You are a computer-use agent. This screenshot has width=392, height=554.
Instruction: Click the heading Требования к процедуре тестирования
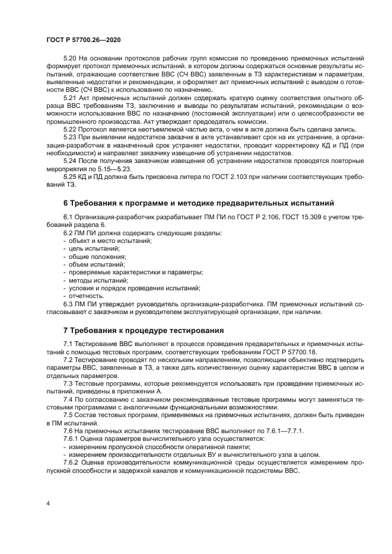(x=143, y=329)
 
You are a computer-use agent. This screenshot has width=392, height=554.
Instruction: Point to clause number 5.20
(x=70, y=59)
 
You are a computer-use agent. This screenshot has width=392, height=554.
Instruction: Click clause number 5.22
(x=70, y=129)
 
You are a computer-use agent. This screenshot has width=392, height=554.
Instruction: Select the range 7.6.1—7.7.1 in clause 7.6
(x=283, y=430)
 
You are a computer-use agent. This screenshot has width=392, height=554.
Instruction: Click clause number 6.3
(x=68, y=303)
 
